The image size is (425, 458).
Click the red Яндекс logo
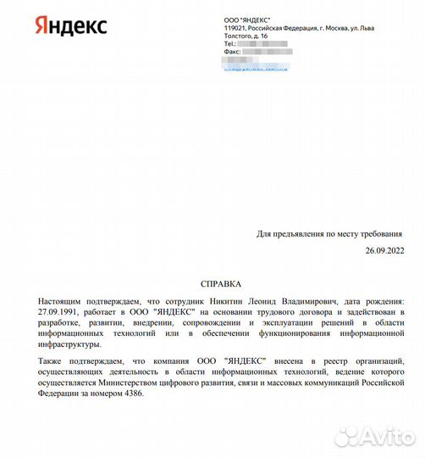(70, 25)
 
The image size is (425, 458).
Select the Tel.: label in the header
(229, 44)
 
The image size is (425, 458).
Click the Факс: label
(233, 52)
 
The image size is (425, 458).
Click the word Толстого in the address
(240, 36)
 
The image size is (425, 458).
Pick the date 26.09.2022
(385, 251)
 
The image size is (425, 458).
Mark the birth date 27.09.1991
(58, 312)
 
